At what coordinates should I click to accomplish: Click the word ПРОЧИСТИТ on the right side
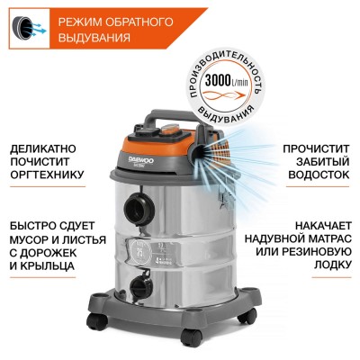315,145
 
